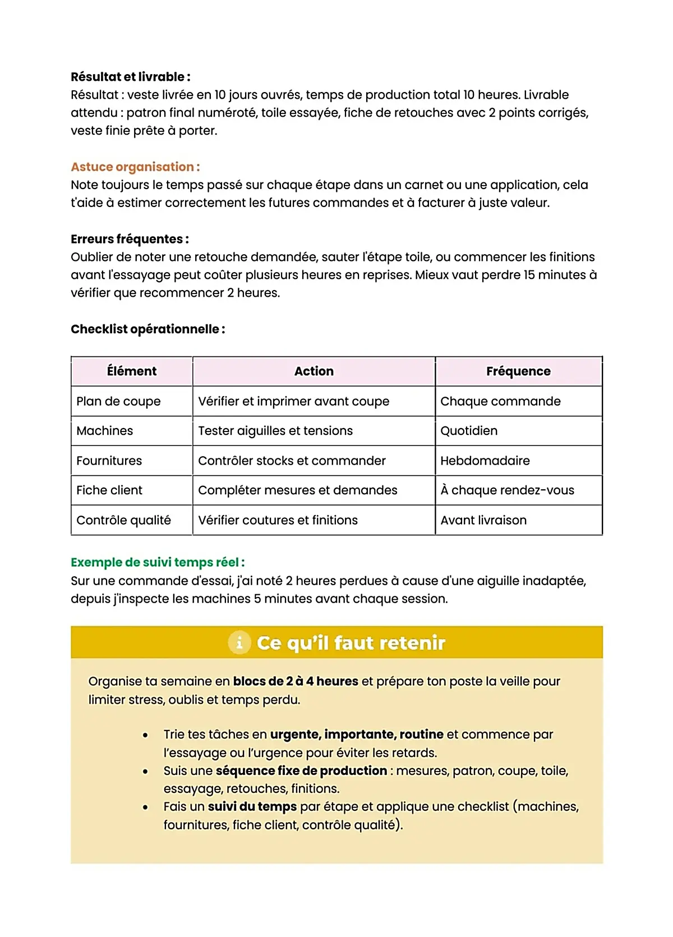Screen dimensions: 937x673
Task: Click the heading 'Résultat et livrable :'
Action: pos(130,77)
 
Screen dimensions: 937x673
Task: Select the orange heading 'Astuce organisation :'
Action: pos(135,167)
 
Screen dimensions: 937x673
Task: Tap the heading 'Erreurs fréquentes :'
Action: pos(130,239)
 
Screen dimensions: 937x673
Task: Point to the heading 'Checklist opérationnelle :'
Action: pos(147,329)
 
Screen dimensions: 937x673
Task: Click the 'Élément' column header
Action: pos(132,371)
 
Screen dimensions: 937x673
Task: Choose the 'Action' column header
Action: pos(314,371)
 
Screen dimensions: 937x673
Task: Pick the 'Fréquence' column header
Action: pos(518,371)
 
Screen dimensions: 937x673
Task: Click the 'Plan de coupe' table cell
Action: pos(118,401)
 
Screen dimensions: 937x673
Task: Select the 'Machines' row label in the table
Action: pos(105,431)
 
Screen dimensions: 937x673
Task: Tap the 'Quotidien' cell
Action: pos(469,431)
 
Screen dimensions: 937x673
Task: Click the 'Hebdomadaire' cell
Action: pos(485,461)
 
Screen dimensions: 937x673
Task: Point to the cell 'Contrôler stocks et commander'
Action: pos(292,461)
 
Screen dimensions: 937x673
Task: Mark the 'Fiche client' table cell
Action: pos(109,490)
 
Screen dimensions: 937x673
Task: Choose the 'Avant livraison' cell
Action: pos(483,520)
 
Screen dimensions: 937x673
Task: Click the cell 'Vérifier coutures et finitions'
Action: pos(278,520)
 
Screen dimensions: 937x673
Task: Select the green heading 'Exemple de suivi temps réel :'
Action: pos(158,562)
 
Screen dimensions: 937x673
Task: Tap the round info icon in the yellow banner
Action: pos(239,642)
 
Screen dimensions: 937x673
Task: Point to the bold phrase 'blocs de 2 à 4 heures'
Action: pos(296,681)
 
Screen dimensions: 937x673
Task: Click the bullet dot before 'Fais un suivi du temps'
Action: pos(145,807)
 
